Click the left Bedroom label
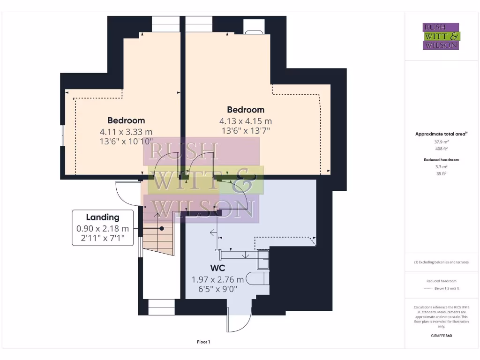[126, 120]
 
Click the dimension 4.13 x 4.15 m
[245, 121]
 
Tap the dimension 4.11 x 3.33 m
[126, 132]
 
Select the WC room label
[218, 268]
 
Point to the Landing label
[102, 217]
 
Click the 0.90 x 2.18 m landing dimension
[102, 229]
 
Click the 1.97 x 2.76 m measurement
[217, 279]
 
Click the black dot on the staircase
[162, 229]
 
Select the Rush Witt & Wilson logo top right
[441, 36]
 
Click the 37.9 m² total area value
[441, 141]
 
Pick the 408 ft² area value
[441, 148]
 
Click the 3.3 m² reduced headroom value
[441, 166]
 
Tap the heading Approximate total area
[441, 134]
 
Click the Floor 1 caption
[203, 342]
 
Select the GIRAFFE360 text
[441, 336]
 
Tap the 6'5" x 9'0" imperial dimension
[217, 289]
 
